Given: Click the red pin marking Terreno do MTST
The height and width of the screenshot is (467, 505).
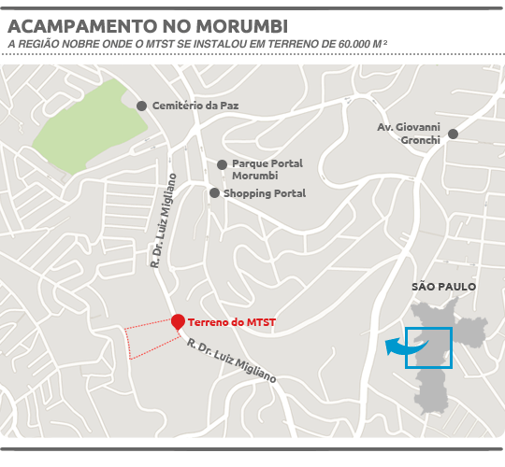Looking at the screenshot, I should tap(178, 322).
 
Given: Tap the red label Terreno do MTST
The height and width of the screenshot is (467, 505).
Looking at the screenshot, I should tap(232, 323).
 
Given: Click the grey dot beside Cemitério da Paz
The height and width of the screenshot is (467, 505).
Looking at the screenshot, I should tap(141, 106).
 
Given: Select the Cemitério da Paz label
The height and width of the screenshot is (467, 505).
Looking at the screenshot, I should tap(195, 106).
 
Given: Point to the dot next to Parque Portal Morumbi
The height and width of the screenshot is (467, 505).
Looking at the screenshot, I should tap(222, 164).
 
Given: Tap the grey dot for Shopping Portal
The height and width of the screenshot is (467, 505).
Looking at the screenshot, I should tap(214, 193).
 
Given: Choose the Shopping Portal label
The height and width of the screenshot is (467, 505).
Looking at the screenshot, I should tap(265, 193).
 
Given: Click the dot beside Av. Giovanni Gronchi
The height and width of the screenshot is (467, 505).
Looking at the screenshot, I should tap(453, 134).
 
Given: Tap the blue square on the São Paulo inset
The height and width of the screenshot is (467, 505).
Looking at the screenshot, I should tap(429, 347).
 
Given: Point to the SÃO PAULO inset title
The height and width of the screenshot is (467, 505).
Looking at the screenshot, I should tap(444, 287).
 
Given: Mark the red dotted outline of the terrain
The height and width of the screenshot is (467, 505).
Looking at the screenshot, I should tap(140, 340).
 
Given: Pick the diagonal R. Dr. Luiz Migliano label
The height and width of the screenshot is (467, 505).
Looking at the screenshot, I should tap(231, 361).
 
